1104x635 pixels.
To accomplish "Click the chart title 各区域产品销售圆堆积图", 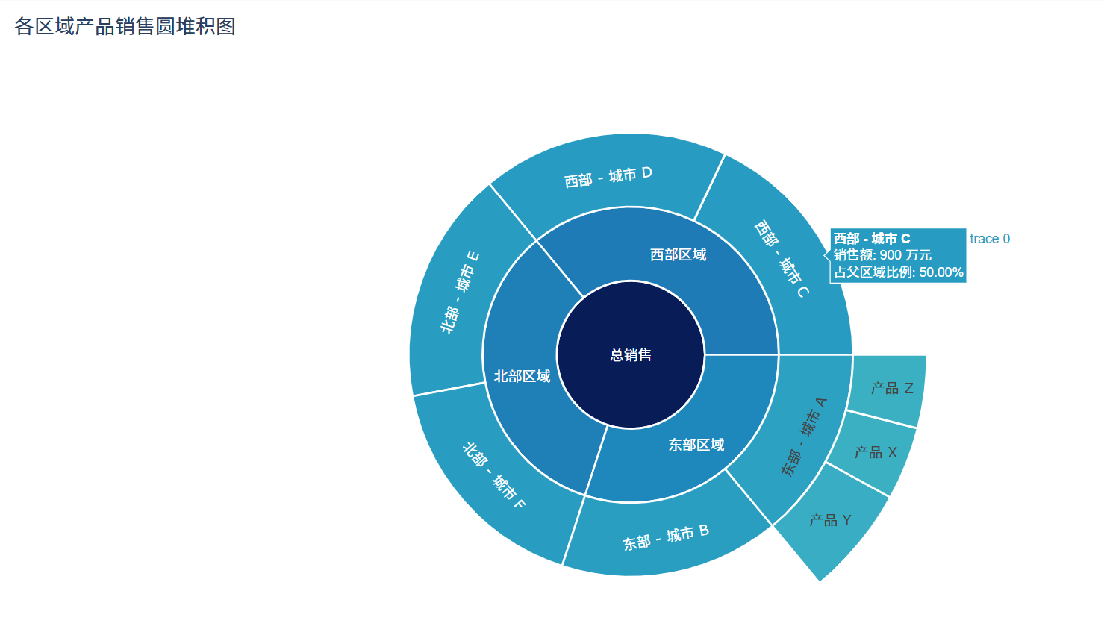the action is pos(125,27).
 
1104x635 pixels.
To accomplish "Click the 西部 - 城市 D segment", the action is pos(608,177).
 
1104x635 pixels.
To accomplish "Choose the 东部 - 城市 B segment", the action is pos(665,538).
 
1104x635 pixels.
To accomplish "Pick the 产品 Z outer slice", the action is pos(891,388).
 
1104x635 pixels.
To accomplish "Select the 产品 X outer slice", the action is pos(875,452).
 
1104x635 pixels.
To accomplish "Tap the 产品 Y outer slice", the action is pos(830,520).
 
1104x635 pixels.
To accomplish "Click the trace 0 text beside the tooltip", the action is pos(989,239).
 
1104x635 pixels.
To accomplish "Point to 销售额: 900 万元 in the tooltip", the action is pos(882,255).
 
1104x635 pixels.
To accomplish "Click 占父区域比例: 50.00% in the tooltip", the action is pos(898,272).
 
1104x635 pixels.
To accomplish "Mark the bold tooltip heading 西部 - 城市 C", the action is pos(871,239).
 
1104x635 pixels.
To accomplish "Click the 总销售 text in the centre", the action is pos(631,355).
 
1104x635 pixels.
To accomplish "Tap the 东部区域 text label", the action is pos(696,445).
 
